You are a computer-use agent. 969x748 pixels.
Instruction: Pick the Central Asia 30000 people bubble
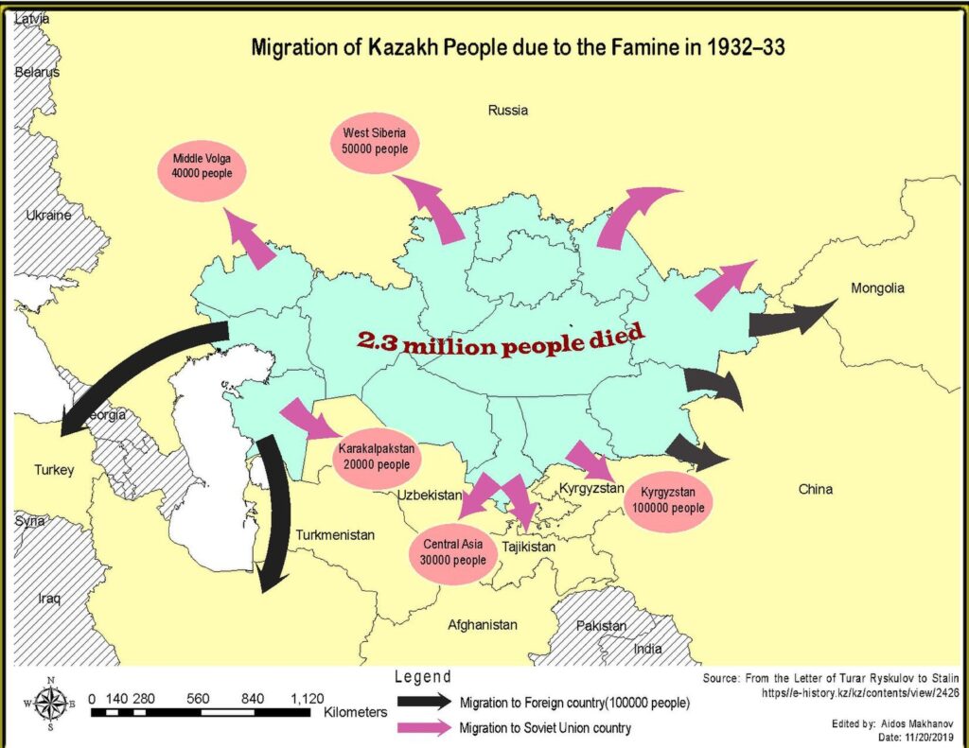coord(452,552)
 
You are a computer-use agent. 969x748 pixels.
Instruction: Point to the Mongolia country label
coord(877,288)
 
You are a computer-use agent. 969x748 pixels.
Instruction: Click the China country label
coord(815,490)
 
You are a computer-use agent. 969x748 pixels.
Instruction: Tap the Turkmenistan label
coord(335,535)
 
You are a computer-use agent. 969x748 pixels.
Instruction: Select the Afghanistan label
coord(483,625)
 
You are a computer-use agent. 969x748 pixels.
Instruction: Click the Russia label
coord(508,111)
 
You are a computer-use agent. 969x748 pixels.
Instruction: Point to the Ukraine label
coord(48,216)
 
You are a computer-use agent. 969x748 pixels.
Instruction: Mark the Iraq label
coord(48,599)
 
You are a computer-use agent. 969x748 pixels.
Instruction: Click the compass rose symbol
coord(51,702)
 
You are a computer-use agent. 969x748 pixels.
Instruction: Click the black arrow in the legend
coord(425,703)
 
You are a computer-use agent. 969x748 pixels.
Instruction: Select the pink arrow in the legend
coord(425,727)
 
